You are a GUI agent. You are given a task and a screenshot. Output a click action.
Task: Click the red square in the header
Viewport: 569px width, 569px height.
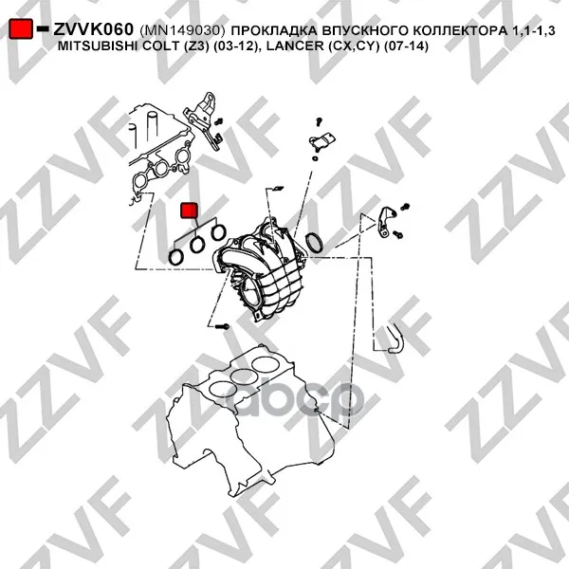[21, 28]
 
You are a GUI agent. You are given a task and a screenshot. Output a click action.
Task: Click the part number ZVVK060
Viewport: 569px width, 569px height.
[94, 29]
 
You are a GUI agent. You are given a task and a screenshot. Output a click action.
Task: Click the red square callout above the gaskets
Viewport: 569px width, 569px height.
[189, 211]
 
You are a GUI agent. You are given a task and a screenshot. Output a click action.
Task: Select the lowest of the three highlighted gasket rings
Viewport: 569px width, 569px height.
[176, 257]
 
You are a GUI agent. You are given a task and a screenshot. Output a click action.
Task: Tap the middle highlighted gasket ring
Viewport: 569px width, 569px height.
[197, 245]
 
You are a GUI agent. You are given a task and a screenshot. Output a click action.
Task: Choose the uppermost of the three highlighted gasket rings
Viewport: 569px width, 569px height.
[218, 232]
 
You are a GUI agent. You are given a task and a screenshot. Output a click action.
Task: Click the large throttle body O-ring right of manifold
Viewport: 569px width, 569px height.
[314, 243]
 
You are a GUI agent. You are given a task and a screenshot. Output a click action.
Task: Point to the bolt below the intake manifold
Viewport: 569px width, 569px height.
[222, 326]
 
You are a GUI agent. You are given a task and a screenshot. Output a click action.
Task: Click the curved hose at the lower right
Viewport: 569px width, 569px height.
[395, 339]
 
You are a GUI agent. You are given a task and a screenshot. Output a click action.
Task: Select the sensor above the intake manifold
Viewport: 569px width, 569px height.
[321, 140]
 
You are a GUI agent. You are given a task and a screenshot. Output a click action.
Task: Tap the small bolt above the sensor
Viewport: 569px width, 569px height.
[319, 121]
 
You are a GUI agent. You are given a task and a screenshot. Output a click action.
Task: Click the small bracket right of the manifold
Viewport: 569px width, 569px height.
[384, 222]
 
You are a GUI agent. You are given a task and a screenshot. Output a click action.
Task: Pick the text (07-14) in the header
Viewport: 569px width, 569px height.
[407, 46]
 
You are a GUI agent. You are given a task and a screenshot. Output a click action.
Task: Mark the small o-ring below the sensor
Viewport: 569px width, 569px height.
[316, 158]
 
